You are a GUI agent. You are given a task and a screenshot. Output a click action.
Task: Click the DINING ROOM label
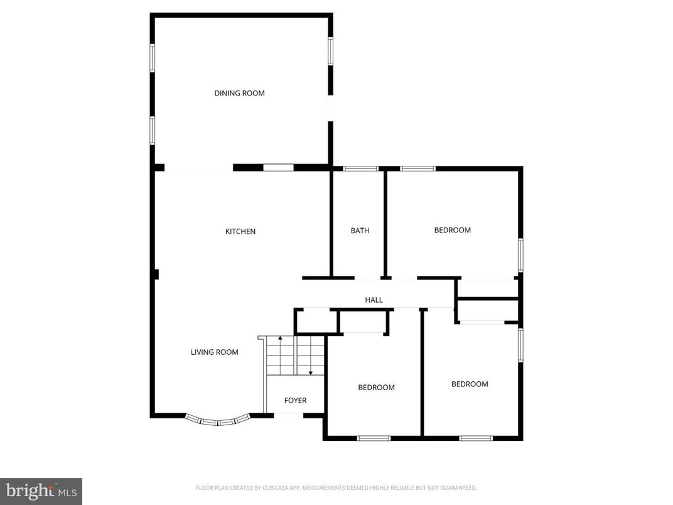coord(239,93)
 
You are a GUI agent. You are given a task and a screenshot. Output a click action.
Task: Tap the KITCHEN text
coord(240,231)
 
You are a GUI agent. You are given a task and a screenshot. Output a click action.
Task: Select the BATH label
coord(360,231)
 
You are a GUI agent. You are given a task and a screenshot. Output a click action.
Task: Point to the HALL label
coord(374,300)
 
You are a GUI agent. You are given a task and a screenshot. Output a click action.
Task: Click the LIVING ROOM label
coord(214,352)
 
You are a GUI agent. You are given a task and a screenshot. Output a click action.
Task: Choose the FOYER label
coord(295,400)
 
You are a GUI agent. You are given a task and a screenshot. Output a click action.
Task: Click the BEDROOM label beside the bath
coord(452,230)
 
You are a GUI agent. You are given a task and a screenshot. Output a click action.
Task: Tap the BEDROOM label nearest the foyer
coord(376,388)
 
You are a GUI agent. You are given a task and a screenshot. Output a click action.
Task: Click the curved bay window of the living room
coord(218,421)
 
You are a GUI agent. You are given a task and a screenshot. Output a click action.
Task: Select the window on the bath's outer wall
coord(360,168)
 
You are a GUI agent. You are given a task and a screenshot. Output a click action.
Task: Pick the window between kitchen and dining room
coord(278,168)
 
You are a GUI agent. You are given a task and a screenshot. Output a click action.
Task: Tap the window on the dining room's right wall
coord(330,52)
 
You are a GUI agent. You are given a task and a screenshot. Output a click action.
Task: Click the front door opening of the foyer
coord(289,415)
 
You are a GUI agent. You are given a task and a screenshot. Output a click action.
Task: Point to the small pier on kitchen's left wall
coord(156,274)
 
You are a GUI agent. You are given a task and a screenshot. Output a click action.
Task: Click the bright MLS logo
coord(41,491)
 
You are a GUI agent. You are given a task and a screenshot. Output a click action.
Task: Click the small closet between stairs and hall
coord(316,321)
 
